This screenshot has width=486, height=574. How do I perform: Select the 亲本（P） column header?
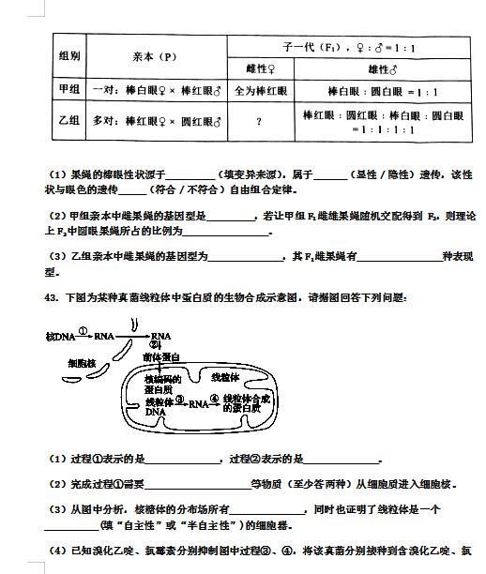pyautogui.click(x=155, y=55)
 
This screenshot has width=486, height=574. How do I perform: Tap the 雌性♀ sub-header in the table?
pyautogui.click(x=259, y=68)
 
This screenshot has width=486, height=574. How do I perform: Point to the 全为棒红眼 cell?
pyautogui.click(x=259, y=91)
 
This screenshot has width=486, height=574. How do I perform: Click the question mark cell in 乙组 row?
pyautogui.click(x=259, y=122)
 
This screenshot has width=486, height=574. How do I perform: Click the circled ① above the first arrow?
pyautogui.click(x=84, y=330)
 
